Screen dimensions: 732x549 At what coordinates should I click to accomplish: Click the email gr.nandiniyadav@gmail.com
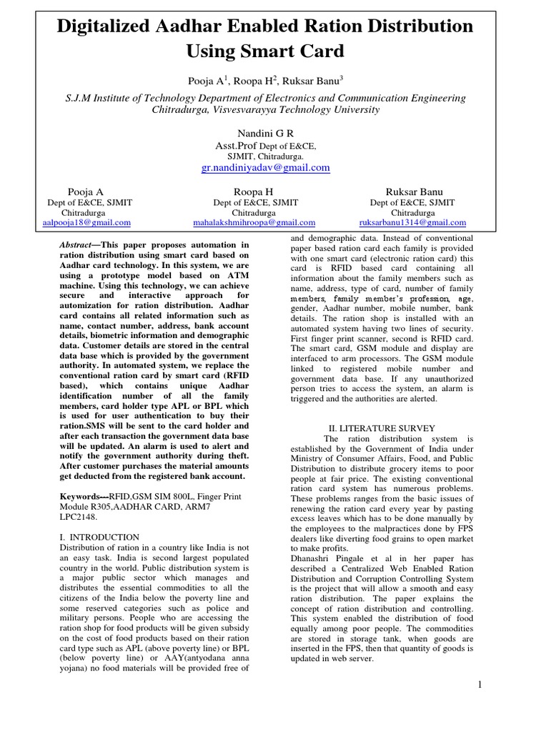tap(265, 167)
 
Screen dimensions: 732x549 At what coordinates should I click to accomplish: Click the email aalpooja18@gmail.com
tap(86, 222)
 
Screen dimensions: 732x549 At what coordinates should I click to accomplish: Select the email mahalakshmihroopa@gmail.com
tap(254, 222)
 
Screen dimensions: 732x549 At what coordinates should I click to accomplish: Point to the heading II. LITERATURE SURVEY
tap(376, 428)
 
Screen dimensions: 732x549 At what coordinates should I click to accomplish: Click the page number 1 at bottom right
tap(480, 684)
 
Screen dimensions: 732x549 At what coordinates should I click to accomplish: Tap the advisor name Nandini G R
tap(265, 134)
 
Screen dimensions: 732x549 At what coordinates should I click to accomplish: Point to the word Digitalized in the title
tap(113, 26)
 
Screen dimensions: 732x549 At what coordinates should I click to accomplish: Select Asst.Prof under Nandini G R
tap(236, 145)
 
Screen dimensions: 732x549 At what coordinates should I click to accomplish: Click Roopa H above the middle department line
tap(254, 192)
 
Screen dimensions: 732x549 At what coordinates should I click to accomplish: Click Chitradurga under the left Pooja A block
tap(86, 212)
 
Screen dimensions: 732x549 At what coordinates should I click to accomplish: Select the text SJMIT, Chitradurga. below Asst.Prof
tap(265, 155)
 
